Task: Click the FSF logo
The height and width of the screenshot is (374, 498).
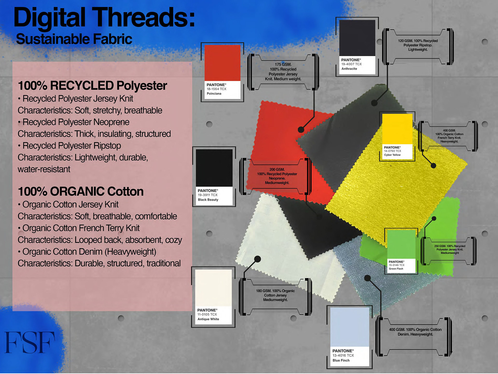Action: [x=30, y=342]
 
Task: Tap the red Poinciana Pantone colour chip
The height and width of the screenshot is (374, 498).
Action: [x=222, y=63]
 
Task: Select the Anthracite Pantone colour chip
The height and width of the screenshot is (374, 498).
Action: [x=357, y=38]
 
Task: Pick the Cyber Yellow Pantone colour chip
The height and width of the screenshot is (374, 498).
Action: [x=397, y=129]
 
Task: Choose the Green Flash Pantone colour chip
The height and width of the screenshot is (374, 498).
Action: [x=401, y=244]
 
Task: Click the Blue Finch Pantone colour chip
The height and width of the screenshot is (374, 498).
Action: [x=349, y=327]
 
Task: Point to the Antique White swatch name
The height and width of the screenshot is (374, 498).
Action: [x=208, y=319]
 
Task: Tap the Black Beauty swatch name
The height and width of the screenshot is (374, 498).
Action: [x=208, y=200]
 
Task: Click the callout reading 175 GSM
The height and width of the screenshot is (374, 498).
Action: [x=283, y=72]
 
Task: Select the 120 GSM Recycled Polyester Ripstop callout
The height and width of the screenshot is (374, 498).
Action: [x=418, y=45]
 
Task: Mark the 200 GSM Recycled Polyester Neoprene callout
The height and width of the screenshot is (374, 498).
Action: [x=277, y=176]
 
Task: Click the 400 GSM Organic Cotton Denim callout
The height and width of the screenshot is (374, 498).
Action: [x=415, y=332]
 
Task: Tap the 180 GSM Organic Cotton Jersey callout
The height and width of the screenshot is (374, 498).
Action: [x=275, y=295]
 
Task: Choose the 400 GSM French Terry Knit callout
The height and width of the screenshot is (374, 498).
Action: [x=449, y=136]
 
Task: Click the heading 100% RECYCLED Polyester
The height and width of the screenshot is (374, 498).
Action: [x=92, y=86]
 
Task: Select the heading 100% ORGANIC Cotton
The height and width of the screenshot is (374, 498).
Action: [x=81, y=192]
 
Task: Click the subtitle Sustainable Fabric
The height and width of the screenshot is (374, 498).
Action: [x=74, y=39]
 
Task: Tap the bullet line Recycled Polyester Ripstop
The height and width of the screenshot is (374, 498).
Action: [x=72, y=146]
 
